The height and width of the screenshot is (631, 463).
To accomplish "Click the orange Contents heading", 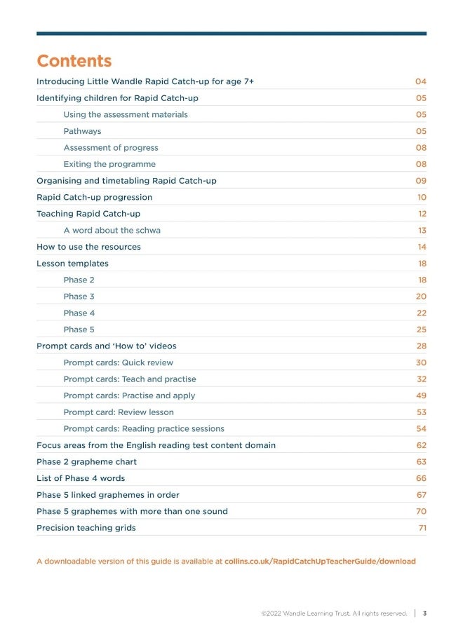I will coord(74,61).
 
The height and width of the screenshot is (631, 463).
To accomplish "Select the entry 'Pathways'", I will coord(82,131).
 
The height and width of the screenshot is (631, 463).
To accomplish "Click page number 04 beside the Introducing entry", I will coord(420,81).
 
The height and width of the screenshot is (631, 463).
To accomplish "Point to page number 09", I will coord(420,181).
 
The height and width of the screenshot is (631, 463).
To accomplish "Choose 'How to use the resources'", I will coord(88,247).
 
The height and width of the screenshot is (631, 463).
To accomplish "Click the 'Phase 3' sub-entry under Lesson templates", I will coord(79,297).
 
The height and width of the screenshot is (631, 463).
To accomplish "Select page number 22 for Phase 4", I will coord(421,313).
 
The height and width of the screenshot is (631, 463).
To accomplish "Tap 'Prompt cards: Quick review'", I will coord(118,362).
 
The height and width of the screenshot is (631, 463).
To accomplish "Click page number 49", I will coord(421,395).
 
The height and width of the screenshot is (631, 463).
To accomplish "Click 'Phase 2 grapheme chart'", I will coord(86,462).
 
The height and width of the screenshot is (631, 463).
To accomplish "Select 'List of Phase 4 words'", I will coord(81,478).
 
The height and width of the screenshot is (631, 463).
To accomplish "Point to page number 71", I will coord(422,528).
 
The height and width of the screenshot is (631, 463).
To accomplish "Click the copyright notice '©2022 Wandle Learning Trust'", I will coord(333,613).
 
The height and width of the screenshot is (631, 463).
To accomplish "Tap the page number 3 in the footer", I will coord(424,613).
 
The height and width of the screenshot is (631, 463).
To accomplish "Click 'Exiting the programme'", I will coord(109,164).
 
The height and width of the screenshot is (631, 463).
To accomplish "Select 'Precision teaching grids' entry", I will coord(86,528).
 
